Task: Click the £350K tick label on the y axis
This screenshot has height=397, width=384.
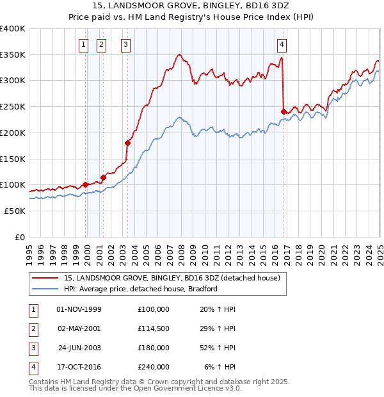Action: point(13,55)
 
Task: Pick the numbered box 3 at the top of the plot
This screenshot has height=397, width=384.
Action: point(125,44)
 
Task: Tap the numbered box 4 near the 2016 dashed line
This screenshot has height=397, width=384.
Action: point(282,44)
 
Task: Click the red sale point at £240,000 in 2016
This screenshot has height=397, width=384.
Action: point(284,111)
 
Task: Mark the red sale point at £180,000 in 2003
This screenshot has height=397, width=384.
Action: point(127,143)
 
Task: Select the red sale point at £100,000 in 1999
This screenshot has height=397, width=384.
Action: point(86,184)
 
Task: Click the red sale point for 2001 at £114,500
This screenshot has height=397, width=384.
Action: point(103,177)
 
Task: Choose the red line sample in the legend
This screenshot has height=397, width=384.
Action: point(45,279)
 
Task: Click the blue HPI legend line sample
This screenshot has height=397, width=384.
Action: point(45,289)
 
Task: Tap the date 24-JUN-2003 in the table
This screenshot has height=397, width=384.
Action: point(79,348)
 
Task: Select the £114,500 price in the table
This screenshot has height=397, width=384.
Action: point(154,328)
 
